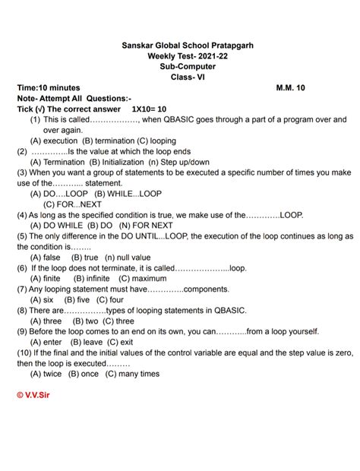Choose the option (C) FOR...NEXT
coord(73,204)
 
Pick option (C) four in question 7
coord(110,300)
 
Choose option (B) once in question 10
coord(84,374)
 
